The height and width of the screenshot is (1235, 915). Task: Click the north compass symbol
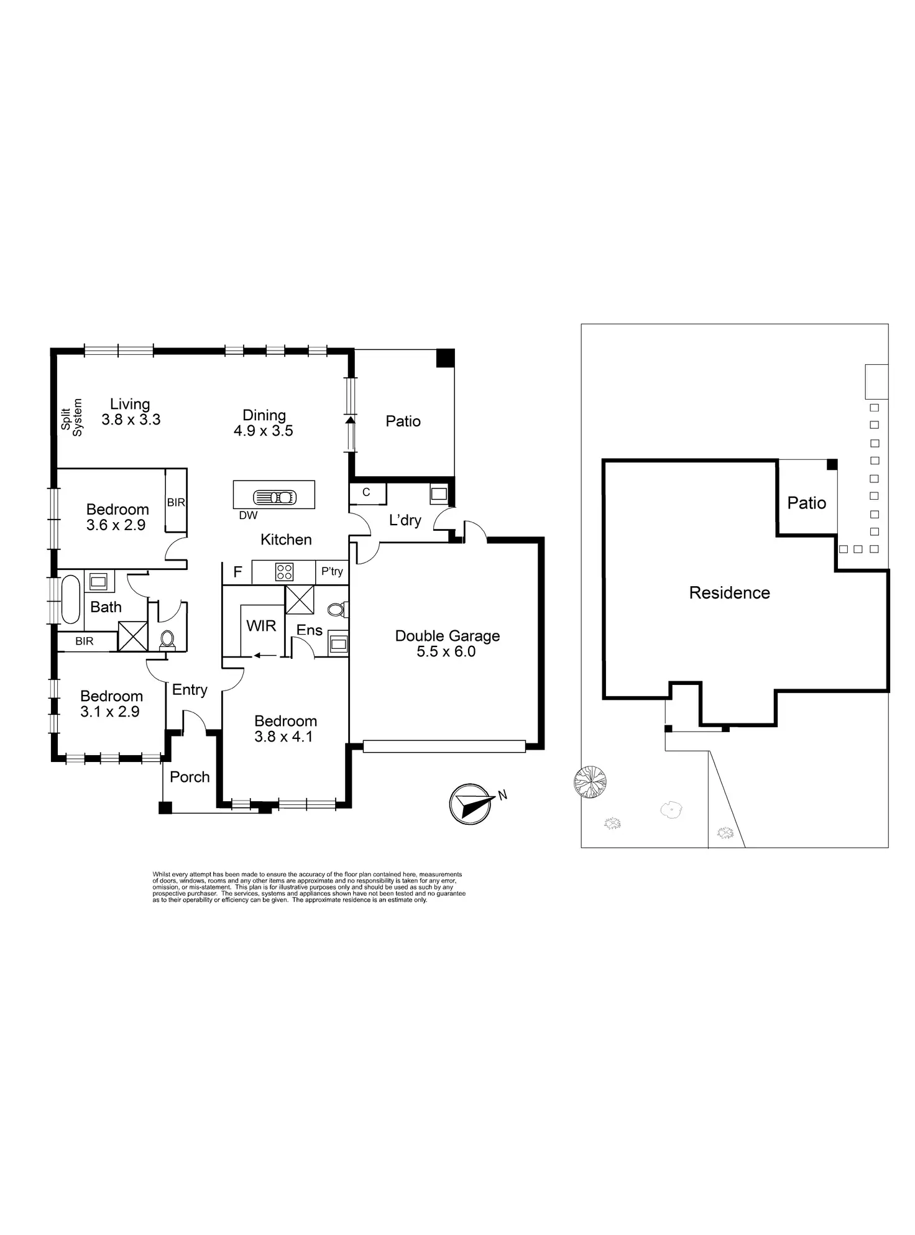[x=471, y=804]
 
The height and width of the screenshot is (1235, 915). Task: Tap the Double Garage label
[x=447, y=643]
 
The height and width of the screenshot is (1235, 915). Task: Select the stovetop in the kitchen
[x=284, y=571]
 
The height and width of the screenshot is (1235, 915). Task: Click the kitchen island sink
[x=274, y=497]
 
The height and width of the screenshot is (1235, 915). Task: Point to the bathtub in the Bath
[x=70, y=599]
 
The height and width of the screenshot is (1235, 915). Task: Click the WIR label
[x=261, y=625]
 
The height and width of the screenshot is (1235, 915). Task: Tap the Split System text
[x=71, y=418]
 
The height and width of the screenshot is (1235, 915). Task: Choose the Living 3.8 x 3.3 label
[x=131, y=412]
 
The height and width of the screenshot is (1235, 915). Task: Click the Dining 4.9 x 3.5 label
[x=264, y=423]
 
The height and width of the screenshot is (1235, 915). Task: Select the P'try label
[x=332, y=571]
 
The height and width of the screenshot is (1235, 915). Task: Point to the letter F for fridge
[x=237, y=572]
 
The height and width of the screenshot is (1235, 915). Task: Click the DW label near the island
[x=248, y=515]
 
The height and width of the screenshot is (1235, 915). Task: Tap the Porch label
[x=190, y=776]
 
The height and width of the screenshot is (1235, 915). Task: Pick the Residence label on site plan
[x=729, y=592]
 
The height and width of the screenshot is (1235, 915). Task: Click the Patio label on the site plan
[x=806, y=503]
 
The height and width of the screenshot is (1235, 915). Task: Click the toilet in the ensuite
[x=336, y=609]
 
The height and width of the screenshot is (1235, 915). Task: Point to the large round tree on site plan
[x=589, y=781]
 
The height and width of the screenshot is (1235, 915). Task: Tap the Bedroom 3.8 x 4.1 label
[x=285, y=728]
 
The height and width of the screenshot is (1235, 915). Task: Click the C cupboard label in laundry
[x=366, y=492]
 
